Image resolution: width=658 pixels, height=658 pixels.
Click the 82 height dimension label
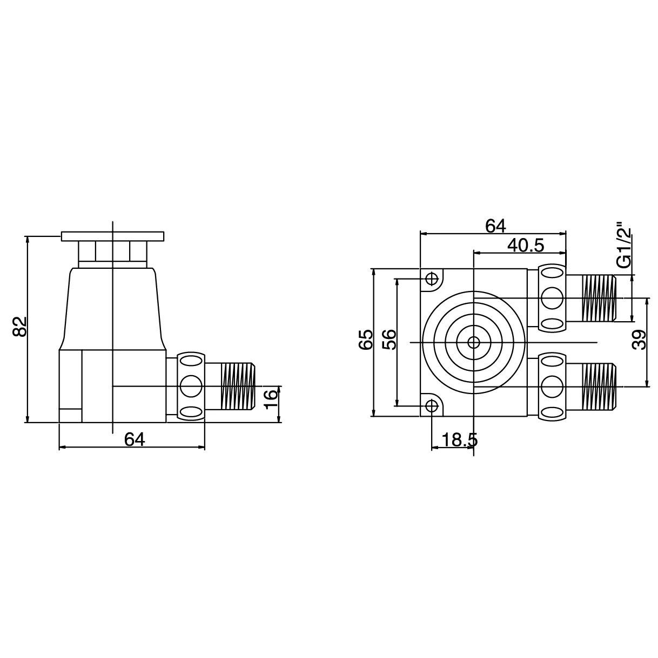[19, 327]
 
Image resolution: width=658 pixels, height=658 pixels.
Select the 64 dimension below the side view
[135, 440]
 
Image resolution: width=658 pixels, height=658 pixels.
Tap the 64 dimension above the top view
[495, 226]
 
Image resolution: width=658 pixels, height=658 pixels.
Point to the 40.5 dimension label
[525, 246]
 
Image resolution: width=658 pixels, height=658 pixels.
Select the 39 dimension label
[639, 341]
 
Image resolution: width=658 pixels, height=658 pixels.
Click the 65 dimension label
[366, 340]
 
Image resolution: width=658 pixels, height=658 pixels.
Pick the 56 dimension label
[390, 340]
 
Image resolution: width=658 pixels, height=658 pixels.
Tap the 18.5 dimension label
[459, 440]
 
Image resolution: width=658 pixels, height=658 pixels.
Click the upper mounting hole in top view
[432, 279]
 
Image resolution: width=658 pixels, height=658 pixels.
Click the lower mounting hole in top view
[432, 406]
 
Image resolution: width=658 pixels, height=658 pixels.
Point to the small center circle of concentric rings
[473, 342]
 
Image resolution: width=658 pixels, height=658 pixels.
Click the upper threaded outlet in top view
[598, 297]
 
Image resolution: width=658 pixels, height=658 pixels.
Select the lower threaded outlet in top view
[598, 386]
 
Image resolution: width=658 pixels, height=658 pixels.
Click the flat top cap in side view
[112, 236]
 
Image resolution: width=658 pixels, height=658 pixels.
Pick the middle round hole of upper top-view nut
[552, 297]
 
